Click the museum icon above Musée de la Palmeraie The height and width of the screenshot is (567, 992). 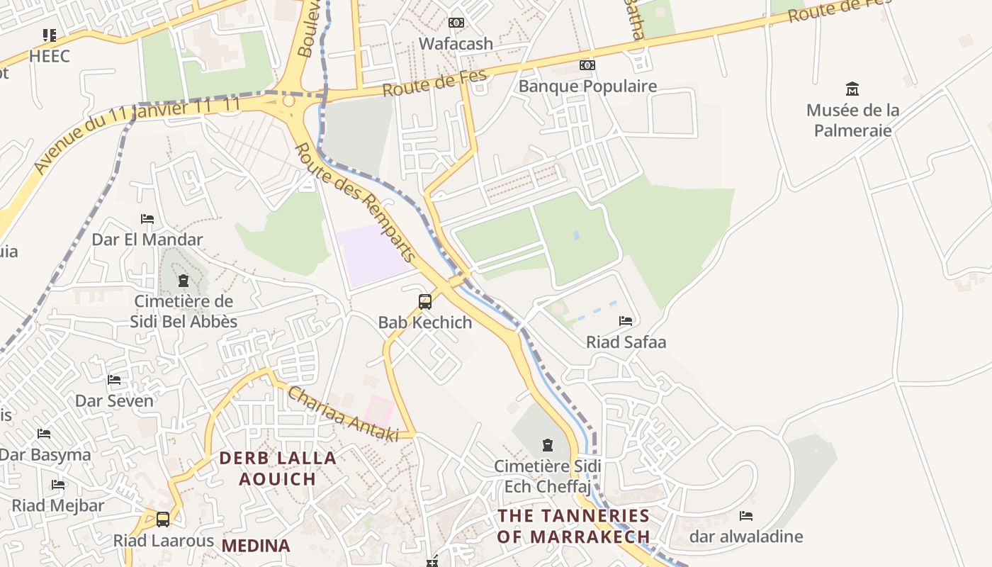[x=852, y=89]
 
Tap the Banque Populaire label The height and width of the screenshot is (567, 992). [x=587, y=86]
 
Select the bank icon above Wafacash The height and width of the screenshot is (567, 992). [x=456, y=23]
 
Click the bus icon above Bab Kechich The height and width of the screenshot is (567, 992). [x=425, y=302]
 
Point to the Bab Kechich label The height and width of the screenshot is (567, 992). [x=425, y=322]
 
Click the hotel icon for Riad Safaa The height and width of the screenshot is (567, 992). [x=626, y=321]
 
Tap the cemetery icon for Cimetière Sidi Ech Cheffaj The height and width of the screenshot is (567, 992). [x=547, y=445]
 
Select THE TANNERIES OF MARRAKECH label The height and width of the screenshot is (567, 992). [x=573, y=526]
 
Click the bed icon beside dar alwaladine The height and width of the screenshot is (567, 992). [x=745, y=516]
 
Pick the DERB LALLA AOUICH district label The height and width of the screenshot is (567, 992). [x=278, y=468]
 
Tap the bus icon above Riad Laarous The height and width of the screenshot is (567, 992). [x=163, y=520]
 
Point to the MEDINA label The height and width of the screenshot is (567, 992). [x=256, y=546]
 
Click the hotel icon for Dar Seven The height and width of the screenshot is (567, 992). [x=114, y=380]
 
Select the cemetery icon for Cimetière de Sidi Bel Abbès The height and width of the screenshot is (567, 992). [x=184, y=281]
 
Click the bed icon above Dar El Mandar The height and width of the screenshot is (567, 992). [x=147, y=219]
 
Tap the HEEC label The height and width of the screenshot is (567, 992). [x=50, y=56]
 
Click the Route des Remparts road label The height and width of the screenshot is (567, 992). [x=354, y=202]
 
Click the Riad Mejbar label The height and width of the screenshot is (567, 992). [x=58, y=506]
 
